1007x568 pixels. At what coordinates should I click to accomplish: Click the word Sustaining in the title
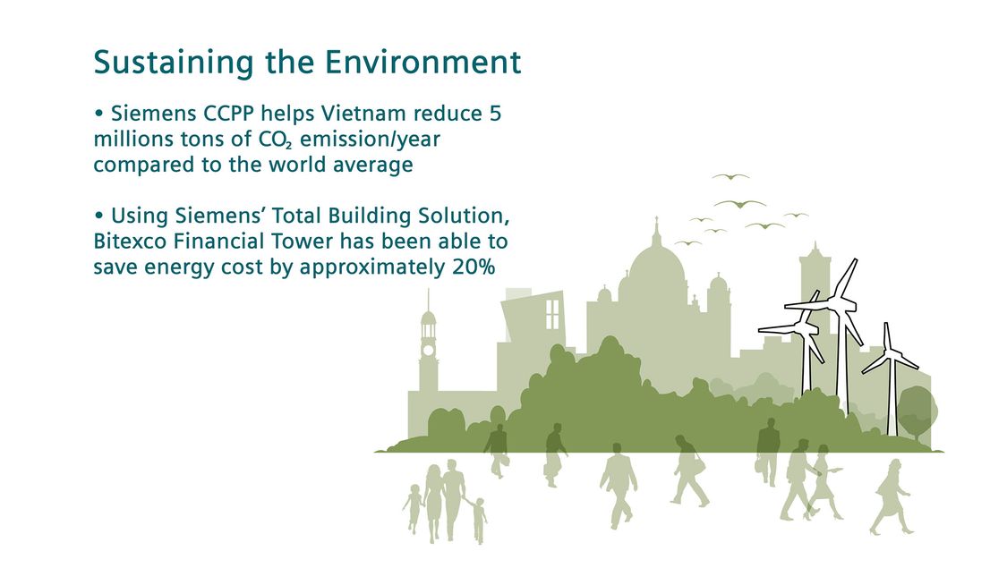(x=174, y=64)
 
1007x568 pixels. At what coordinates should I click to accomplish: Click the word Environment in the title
(x=422, y=63)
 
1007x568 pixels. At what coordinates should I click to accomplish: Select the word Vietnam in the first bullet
(x=363, y=114)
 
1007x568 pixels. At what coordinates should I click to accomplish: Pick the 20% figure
(x=474, y=267)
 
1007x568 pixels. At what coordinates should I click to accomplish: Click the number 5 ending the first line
(x=495, y=114)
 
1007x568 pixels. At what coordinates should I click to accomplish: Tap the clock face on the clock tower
(x=429, y=351)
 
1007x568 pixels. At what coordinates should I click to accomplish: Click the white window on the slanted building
(x=552, y=315)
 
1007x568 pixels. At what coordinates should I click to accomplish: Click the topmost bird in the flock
(x=730, y=176)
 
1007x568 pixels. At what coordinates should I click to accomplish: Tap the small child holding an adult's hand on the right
(x=478, y=519)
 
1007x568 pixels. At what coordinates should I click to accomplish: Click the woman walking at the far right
(x=891, y=497)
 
